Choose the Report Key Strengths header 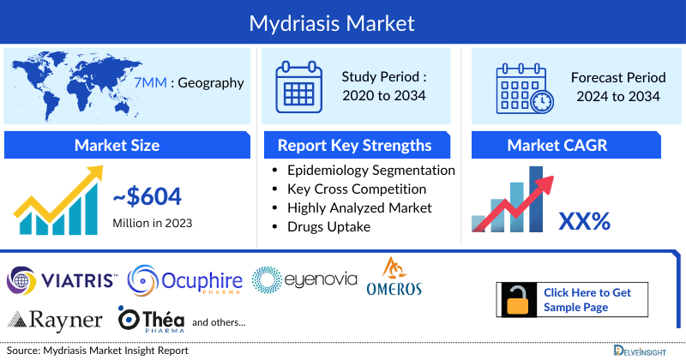[354, 144]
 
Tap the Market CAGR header [569, 144]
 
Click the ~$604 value [147, 198]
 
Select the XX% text [584, 221]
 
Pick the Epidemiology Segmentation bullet [371, 170]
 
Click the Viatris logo [62, 279]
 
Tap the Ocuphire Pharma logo [184, 279]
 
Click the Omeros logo [394, 277]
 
